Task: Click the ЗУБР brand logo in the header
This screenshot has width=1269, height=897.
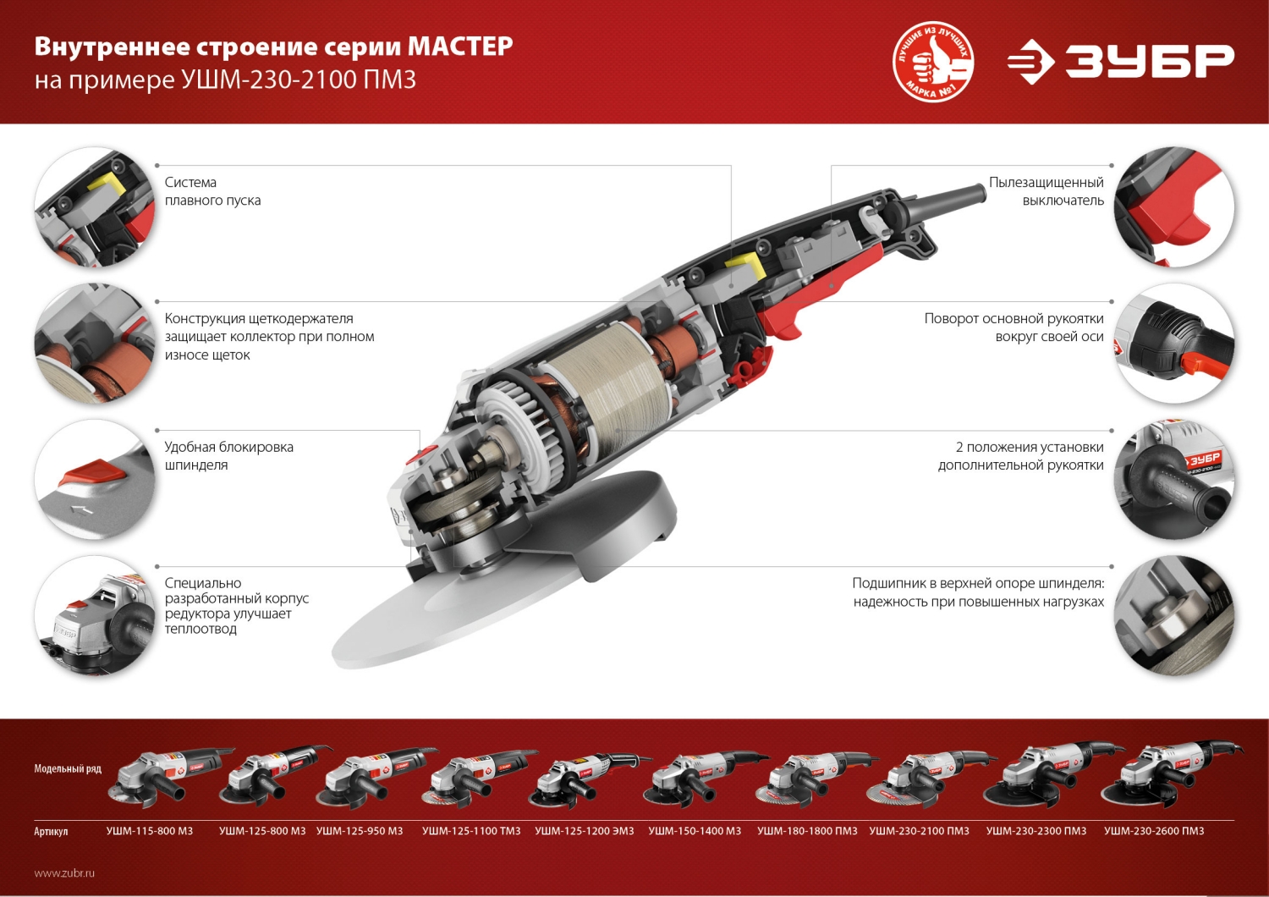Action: point(1121,62)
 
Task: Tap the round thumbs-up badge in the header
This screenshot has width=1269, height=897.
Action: point(933,62)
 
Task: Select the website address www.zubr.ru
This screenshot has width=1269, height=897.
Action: point(64,872)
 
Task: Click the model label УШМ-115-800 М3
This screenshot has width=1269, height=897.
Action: point(150,831)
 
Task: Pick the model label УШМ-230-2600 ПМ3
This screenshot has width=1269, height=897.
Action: point(1154,831)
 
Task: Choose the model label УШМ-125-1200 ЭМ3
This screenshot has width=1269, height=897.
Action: point(584,831)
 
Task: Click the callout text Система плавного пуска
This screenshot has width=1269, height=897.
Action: point(212,191)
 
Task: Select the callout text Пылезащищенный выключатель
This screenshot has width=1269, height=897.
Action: point(1047,191)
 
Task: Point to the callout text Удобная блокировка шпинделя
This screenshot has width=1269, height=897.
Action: point(228,455)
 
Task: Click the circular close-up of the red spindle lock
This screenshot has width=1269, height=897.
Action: point(95,479)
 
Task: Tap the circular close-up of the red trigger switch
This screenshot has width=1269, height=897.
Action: point(1173,206)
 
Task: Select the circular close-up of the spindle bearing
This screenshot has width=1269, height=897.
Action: point(1173,615)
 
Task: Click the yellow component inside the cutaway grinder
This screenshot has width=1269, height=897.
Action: point(744,269)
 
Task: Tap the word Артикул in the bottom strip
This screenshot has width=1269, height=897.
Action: point(51,832)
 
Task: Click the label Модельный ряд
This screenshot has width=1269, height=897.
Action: point(68,768)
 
